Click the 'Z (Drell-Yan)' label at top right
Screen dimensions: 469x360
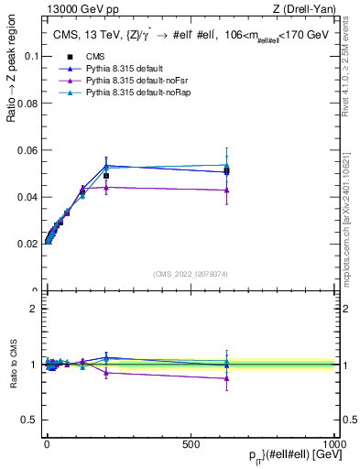click(x=308, y=9)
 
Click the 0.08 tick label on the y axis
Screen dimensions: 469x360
click(x=27, y=103)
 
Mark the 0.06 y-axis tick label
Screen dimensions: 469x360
click(x=27, y=150)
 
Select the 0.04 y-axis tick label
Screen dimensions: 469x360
click(x=27, y=197)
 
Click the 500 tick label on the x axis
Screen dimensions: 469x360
click(x=191, y=443)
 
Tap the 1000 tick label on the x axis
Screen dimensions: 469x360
click(x=334, y=443)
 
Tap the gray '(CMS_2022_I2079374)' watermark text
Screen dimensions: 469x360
click(x=191, y=273)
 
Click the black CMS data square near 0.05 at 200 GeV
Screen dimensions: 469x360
click(x=106, y=176)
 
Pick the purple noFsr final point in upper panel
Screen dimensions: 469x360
click(x=226, y=190)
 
